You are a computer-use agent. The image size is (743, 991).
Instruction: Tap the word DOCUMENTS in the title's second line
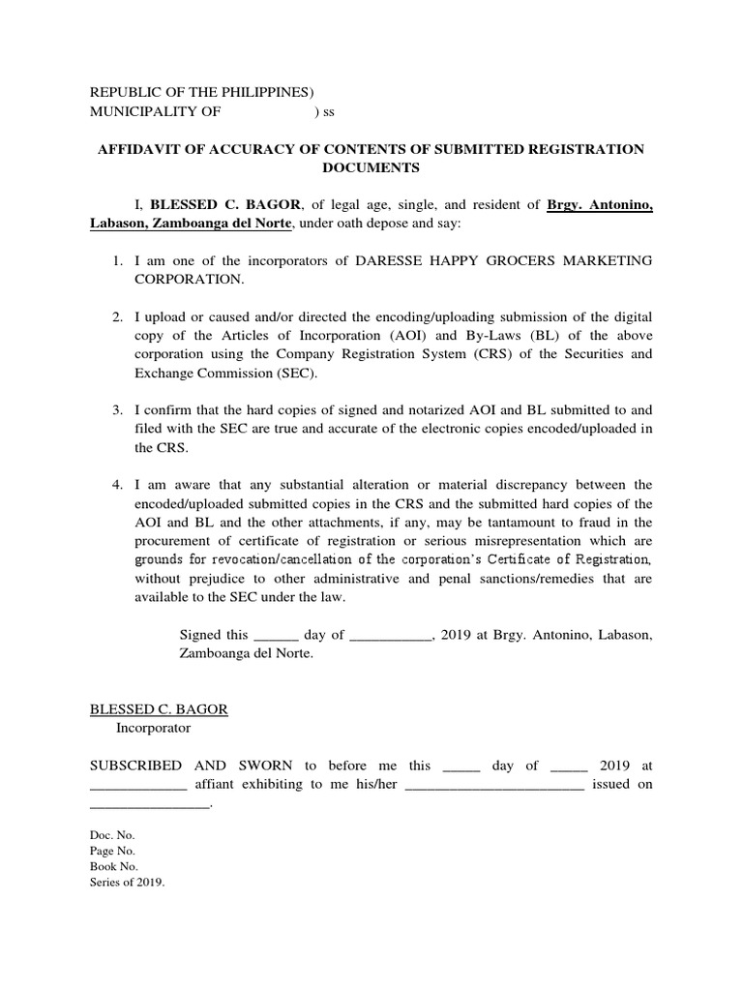point(371,166)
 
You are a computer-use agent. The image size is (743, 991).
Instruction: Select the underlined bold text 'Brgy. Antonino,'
point(600,205)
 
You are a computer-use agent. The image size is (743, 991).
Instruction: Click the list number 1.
point(115,261)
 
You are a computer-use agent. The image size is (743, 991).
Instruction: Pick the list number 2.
point(115,317)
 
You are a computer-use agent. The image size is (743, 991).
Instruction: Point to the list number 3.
point(115,410)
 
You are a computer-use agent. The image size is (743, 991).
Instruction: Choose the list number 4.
point(115,485)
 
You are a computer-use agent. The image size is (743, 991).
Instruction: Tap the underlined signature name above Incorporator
point(159,709)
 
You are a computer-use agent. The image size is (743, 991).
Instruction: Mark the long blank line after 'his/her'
point(494,785)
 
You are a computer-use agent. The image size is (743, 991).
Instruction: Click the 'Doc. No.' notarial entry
point(105,834)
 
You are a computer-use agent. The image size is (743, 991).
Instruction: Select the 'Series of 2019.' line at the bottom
point(128,883)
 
